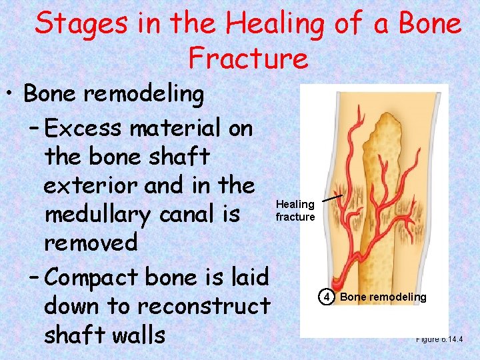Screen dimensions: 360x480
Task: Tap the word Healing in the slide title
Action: (275, 25)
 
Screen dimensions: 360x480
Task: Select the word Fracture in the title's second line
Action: (248, 58)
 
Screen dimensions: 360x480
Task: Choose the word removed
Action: (91, 242)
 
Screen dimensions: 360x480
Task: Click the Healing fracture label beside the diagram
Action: (295, 211)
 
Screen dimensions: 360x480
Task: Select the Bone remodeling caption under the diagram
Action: (383, 297)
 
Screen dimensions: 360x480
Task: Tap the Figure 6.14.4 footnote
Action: (439, 339)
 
